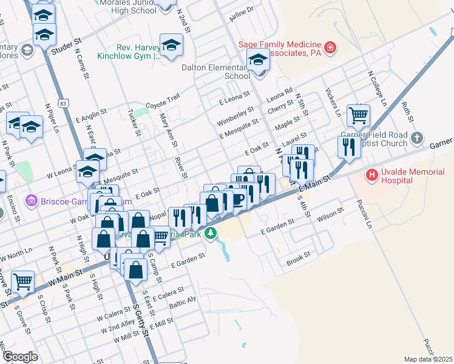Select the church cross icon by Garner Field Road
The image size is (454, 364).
tap(416, 138)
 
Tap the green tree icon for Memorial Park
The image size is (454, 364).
tap(211, 233)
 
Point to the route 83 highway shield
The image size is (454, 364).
tap(56, 104)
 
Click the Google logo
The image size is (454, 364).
tap(20, 356)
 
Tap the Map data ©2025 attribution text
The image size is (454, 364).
tap(427, 359)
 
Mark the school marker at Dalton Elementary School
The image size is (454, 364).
tap(258, 61)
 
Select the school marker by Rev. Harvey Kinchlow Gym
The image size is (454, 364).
tap(171, 44)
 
